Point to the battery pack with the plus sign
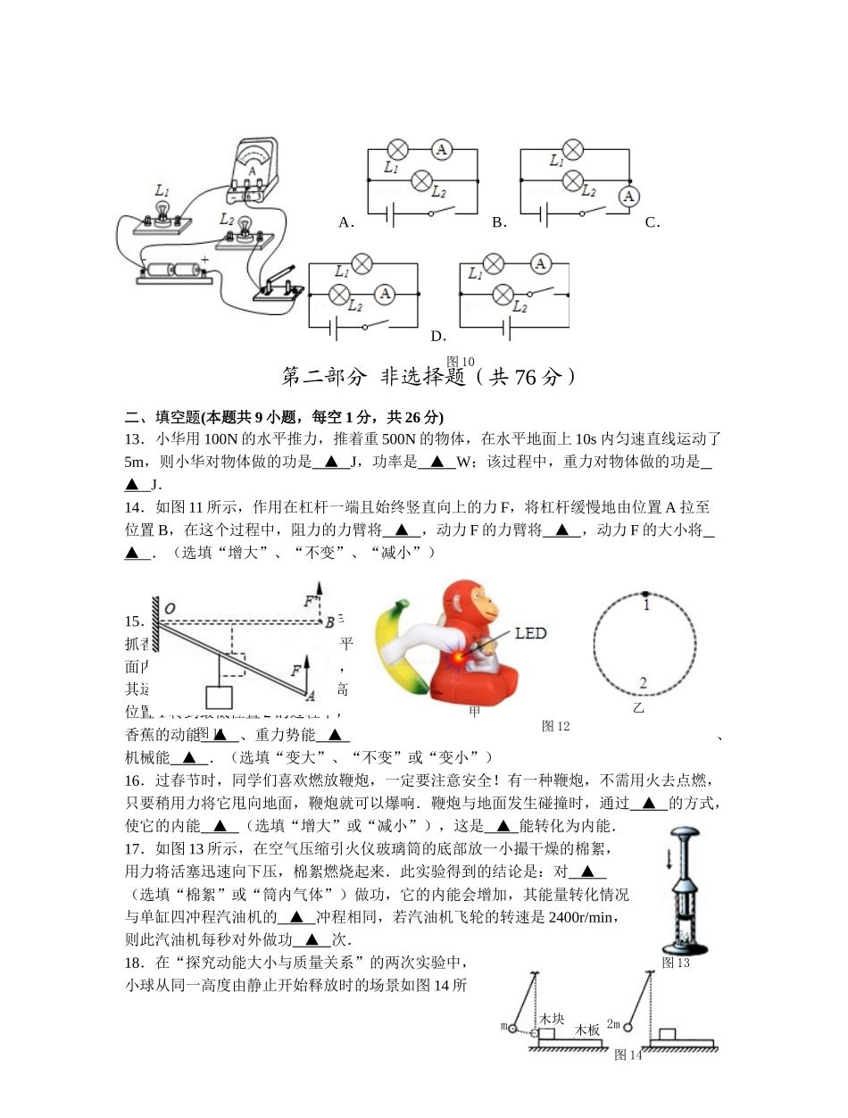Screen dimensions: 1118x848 tap(175, 270)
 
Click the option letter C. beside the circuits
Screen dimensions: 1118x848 tap(653, 222)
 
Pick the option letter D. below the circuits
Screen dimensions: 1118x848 tap(438, 337)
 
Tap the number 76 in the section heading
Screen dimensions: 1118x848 tap(526, 378)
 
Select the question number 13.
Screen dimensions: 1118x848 tap(135, 438)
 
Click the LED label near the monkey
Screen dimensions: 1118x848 tap(530, 633)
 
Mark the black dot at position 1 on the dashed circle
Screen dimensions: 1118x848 tap(644, 593)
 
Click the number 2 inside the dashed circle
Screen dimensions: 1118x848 tap(643, 683)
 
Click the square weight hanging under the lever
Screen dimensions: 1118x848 tap(219, 697)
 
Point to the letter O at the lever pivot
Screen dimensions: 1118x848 tap(170, 609)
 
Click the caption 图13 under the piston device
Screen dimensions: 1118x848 tap(676, 963)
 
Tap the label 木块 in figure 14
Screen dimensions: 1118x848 tap(552, 1019)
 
